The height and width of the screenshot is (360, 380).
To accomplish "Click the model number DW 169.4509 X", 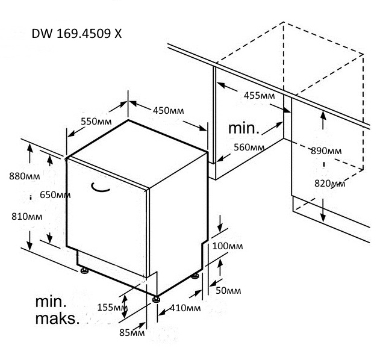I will coord(76,34).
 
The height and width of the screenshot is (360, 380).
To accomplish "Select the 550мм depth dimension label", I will coord(97,121).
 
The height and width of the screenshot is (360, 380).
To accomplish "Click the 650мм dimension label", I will coord(55,194).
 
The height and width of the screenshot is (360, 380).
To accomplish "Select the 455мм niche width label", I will coord(260,95).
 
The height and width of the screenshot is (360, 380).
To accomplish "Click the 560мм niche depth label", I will coord(249,147).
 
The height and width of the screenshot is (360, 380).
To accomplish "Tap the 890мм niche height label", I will coord(326,151).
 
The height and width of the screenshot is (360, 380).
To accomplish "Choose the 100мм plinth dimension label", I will coord(228,246).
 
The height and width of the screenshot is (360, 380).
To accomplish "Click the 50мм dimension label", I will coord(228,291).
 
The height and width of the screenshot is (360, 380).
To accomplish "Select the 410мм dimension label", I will coord(185,308).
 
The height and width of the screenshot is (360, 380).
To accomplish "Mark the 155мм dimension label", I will coord(113,308).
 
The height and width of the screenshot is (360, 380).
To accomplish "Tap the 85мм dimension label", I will coord(132,332).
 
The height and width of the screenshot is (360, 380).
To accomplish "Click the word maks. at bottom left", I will coord(57,318).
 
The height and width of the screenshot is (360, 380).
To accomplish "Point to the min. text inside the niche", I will coord(244,128).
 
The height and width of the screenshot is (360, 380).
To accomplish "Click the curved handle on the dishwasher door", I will coord(101,188).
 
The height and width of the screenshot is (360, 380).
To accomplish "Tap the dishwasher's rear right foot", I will coord(196,276).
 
